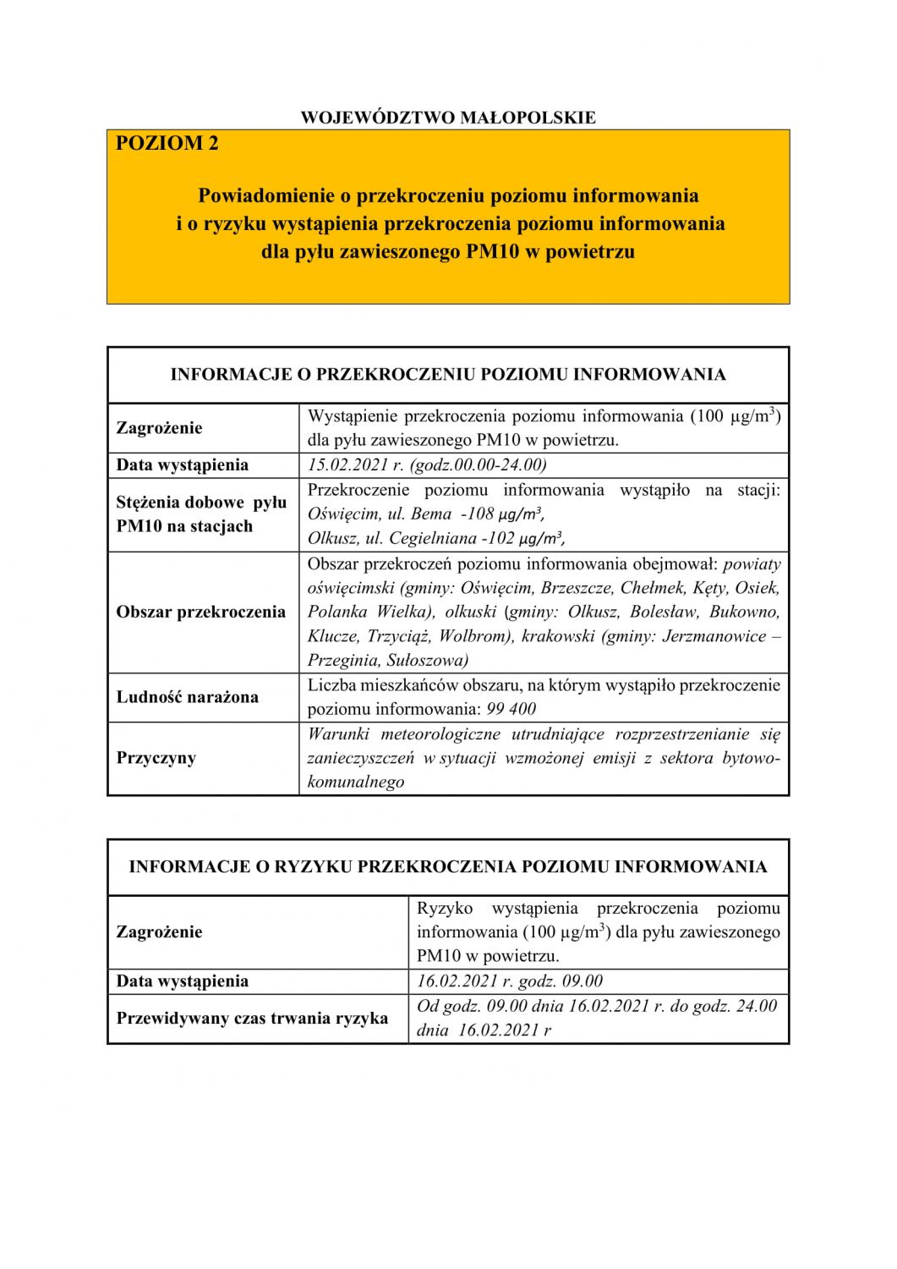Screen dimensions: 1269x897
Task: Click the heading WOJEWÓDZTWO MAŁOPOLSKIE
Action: pos(448,118)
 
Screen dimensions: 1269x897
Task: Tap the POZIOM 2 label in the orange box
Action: pos(167,143)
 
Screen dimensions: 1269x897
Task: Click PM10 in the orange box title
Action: pos(492,251)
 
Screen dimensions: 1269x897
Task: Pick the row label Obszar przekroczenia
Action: pos(201,612)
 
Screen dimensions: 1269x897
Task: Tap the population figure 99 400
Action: pos(511,709)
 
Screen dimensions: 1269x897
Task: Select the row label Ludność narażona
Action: pos(188,697)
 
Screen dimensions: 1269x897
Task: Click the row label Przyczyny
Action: pos(156,757)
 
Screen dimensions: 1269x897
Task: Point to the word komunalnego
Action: pos(356,782)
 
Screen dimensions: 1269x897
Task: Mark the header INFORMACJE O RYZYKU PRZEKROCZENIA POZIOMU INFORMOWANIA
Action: pos(448,866)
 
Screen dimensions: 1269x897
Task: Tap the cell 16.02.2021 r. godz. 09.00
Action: pos(510,981)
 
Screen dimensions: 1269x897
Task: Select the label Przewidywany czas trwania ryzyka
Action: pos(253,1018)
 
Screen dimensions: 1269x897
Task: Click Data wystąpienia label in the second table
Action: pos(183,981)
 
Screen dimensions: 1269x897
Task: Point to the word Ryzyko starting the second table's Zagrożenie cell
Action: pos(445,908)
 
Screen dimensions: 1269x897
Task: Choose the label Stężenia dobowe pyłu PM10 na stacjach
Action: pos(201,514)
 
